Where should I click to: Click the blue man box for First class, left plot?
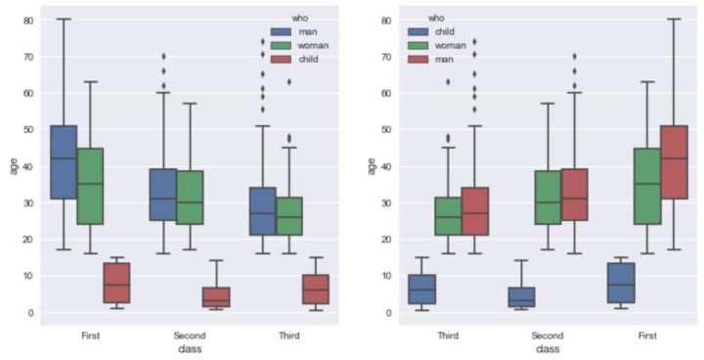point(64,161)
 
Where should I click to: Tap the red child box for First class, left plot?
point(117,284)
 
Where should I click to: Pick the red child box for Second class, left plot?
point(217,296)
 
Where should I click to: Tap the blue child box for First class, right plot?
point(621,284)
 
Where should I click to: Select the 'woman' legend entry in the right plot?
point(451,45)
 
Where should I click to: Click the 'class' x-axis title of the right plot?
point(547,348)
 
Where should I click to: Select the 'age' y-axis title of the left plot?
point(12,166)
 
